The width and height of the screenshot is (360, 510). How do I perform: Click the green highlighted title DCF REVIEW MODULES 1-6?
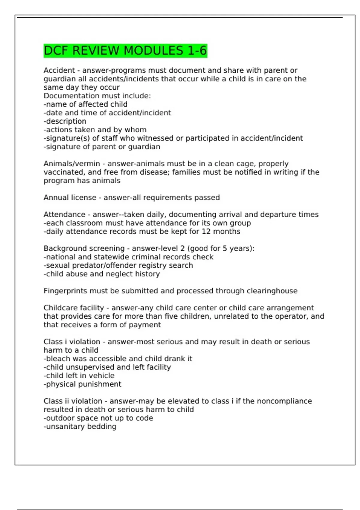(x=125, y=50)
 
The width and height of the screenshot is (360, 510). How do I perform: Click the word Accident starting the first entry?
(x=59, y=70)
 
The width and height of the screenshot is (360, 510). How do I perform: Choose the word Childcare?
(x=59, y=308)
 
